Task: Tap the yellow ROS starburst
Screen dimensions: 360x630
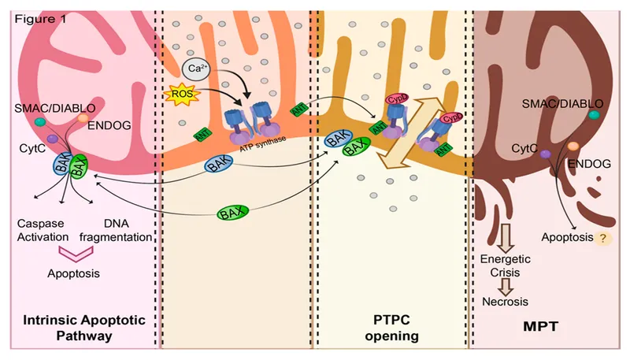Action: (x=178, y=98)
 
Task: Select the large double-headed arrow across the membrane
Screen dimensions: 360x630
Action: (x=413, y=131)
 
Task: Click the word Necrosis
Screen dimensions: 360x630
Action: (x=504, y=302)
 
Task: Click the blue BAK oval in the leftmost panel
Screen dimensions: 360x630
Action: (x=62, y=165)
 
